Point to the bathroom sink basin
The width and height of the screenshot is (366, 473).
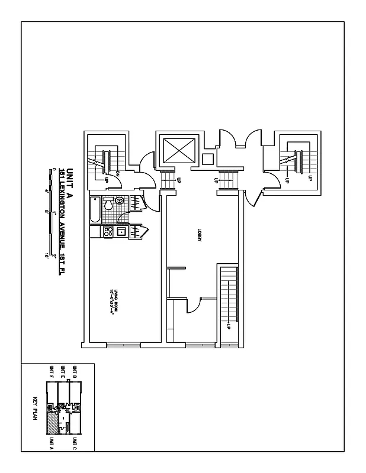(120, 201)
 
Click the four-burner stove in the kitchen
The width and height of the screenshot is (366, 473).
(108, 232)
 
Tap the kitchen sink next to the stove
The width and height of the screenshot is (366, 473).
(121, 232)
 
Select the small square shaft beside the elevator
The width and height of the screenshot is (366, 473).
(207, 158)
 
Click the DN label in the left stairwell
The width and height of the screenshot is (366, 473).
(118, 174)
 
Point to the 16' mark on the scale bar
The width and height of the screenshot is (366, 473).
(46, 256)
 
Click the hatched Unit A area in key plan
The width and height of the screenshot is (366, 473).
(54, 422)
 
